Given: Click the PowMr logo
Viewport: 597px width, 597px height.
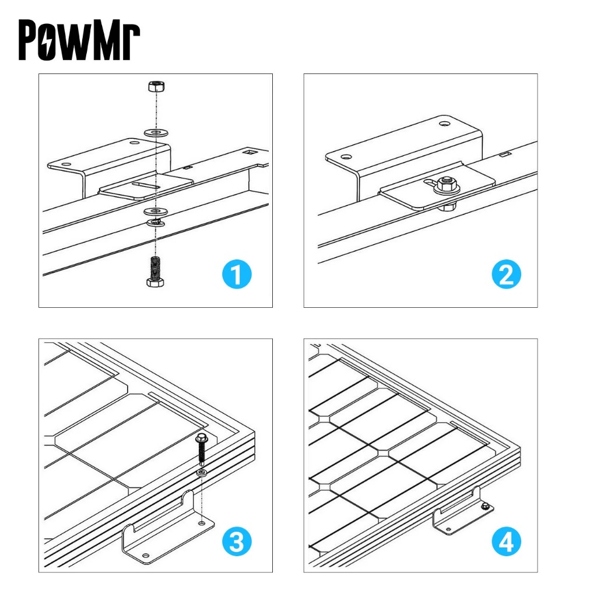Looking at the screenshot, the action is (79, 40).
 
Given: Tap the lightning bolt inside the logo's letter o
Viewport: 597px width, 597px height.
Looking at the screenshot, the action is (47, 40).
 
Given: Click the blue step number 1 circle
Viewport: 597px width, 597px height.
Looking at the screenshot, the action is (237, 274).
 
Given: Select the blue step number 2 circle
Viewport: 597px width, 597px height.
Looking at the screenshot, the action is (507, 274).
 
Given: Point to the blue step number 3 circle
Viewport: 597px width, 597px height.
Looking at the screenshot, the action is (237, 542).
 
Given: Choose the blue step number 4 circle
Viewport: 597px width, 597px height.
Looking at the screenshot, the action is (507, 542).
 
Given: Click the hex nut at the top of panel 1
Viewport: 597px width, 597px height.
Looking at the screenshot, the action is (156, 86).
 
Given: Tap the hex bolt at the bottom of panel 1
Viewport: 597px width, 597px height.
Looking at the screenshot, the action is (155, 272).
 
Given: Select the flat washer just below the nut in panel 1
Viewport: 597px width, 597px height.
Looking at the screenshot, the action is (156, 134).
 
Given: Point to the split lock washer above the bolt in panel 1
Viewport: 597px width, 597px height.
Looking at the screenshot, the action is (156, 222).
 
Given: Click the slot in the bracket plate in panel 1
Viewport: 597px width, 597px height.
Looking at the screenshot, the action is (146, 185).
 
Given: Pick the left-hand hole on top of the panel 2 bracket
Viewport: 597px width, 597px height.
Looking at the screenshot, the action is (346, 156).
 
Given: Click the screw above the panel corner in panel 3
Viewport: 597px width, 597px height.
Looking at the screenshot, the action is (201, 450).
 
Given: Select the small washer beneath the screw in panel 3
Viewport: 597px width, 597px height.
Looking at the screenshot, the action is (202, 473).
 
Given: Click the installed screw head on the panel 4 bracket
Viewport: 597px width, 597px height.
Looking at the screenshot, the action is (486, 507).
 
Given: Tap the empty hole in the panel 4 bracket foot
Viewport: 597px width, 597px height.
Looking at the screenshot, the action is (448, 529).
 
